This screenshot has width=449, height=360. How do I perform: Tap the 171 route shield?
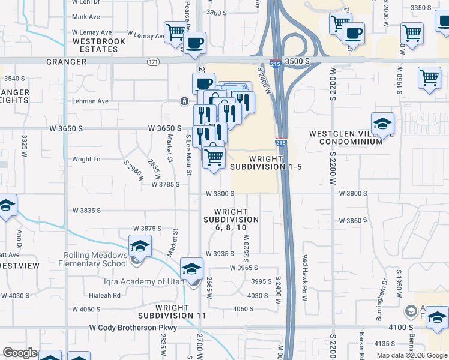(153, 61)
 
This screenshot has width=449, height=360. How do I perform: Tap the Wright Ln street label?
(86, 159)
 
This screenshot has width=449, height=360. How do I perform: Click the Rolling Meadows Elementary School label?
(96, 259)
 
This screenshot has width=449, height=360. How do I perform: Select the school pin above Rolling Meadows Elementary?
(140, 247)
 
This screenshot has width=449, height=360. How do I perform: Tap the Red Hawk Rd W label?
(304, 269)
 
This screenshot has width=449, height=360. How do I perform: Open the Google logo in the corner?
(20, 353)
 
